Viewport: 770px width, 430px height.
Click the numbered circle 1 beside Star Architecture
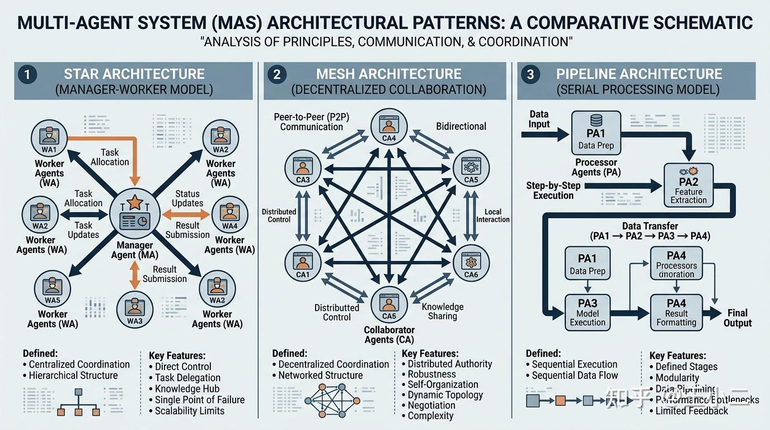26,74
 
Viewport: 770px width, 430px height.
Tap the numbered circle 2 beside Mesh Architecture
277,74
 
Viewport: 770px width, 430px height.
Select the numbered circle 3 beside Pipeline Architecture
530,74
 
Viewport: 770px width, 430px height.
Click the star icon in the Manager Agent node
135,203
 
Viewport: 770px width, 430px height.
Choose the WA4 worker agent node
229,214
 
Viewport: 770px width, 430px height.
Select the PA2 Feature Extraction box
688,185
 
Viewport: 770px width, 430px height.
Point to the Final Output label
738,317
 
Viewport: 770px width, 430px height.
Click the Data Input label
539,119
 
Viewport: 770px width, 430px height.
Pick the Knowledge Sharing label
443,311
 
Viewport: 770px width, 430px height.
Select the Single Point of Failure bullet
200,400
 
